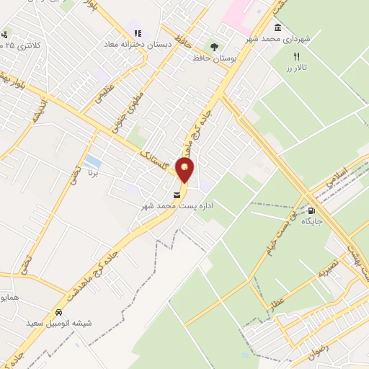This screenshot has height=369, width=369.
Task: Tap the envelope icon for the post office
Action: tap(177, 195)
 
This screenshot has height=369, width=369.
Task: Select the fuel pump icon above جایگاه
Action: tap(311, 211)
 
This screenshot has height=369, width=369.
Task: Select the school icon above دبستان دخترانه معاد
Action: tap(138, 33)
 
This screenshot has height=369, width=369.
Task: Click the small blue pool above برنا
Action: tap(92, 160)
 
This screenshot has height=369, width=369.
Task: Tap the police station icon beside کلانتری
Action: tap(5, 35)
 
